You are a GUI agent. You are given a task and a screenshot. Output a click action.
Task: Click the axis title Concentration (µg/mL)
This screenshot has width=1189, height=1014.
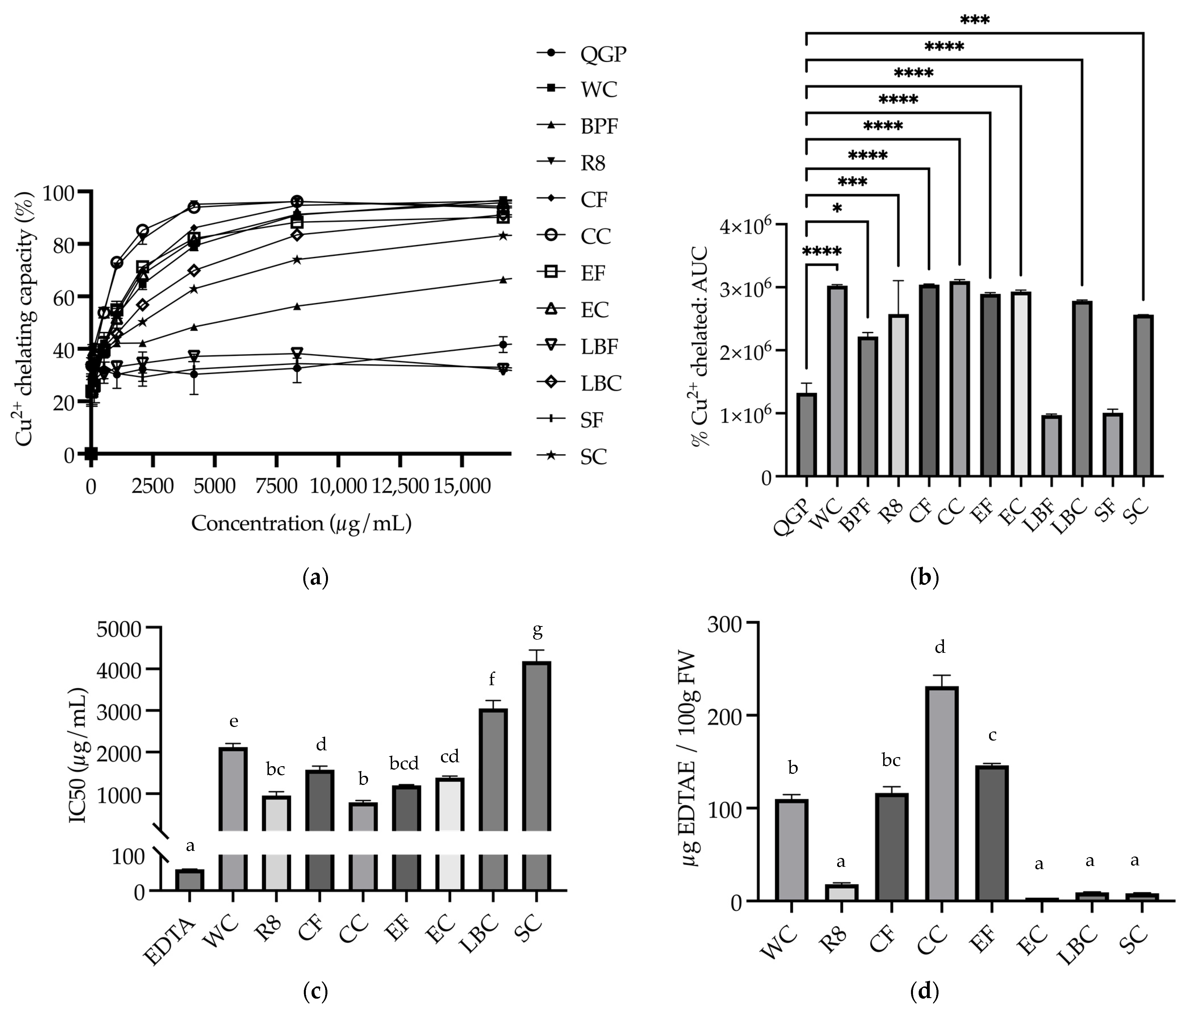[301, 523]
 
